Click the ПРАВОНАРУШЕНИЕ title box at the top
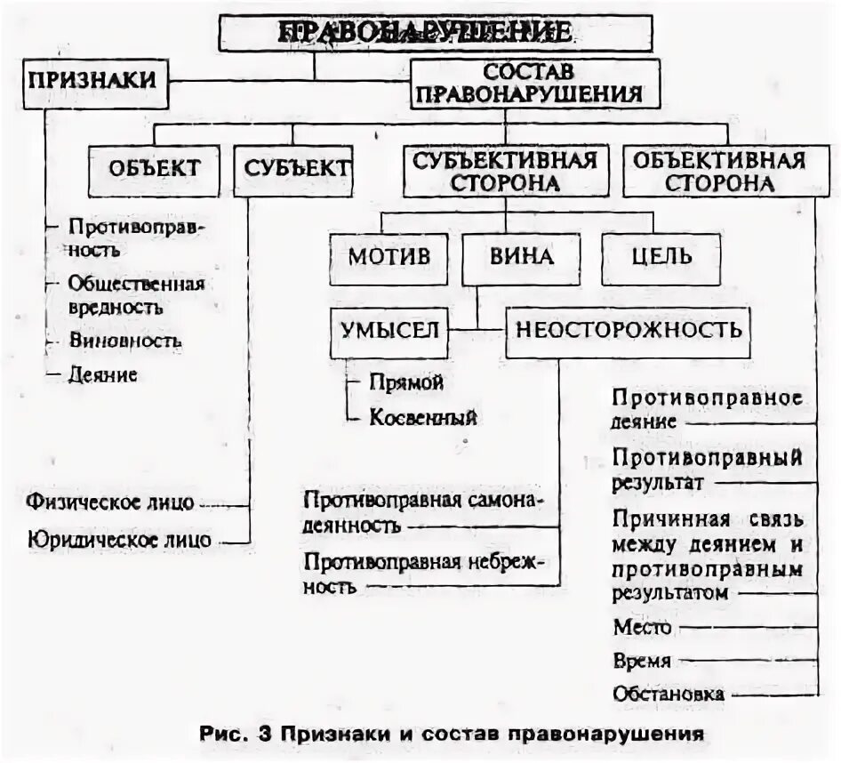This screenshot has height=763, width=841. (x=436, y=33)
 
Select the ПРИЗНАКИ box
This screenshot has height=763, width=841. (x=92, y=80)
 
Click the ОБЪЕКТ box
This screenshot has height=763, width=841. (x=154, y=168)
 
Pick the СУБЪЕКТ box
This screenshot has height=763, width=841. (x=292, y=168)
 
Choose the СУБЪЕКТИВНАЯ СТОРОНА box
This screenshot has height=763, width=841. (x=503, y=171)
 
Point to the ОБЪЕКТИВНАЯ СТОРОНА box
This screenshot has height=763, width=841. (x=720, y=171)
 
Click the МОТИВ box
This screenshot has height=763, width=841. (x=388, y=257)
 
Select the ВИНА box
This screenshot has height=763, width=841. (x=521, y=257)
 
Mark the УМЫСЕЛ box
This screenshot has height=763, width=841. (x=388, y=329)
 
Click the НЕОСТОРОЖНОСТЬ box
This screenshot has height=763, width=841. (x=628, y=330)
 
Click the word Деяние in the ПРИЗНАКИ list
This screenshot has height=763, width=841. (x=103, y=374)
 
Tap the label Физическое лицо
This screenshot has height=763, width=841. (x=110, y=502)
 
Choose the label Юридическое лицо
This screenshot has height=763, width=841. (x=118, y=539)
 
